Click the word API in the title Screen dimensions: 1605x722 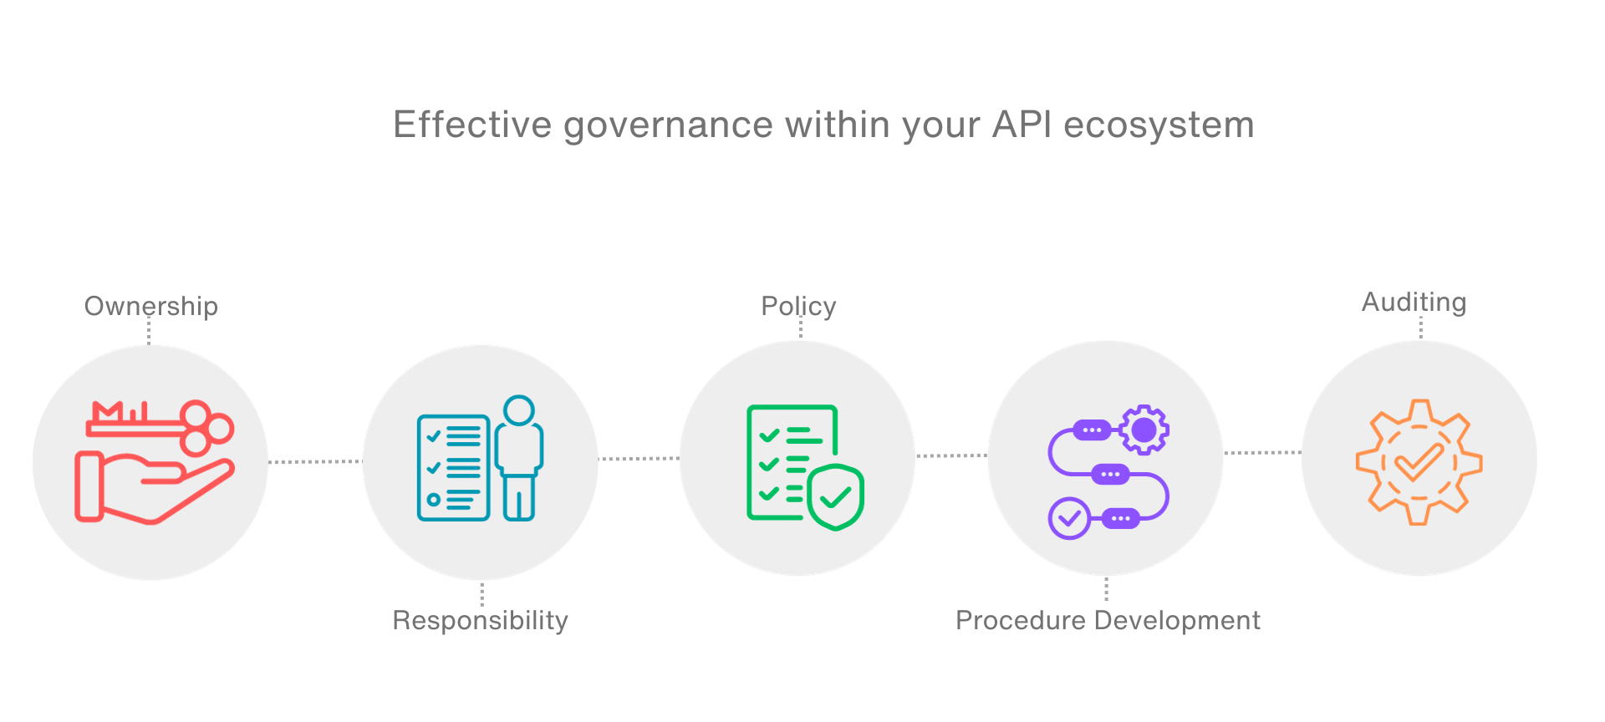[x=1022, y=125]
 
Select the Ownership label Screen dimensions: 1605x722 [x=151, y=307]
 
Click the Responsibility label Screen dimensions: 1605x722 [x=481, y=620]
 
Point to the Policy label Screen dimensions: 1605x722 [x=798, y=307]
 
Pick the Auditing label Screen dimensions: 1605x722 [x=1414, y=303]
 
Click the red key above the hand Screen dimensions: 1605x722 [x=160, y=424]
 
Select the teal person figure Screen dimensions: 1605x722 [x=519, y=458]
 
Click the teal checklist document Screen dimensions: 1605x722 [x=453, y=468]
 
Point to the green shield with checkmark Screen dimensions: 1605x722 [x=835, y=497]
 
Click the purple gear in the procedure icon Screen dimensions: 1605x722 [x=1144, y=430]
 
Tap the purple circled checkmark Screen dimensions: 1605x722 [x=1069, y=518]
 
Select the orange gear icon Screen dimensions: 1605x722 [x=1419, y=462]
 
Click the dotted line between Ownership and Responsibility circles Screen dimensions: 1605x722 [x=315, y=461]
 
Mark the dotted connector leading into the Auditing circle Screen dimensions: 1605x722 [x=1262, y=453]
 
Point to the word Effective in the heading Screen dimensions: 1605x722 [x=472, y=125]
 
